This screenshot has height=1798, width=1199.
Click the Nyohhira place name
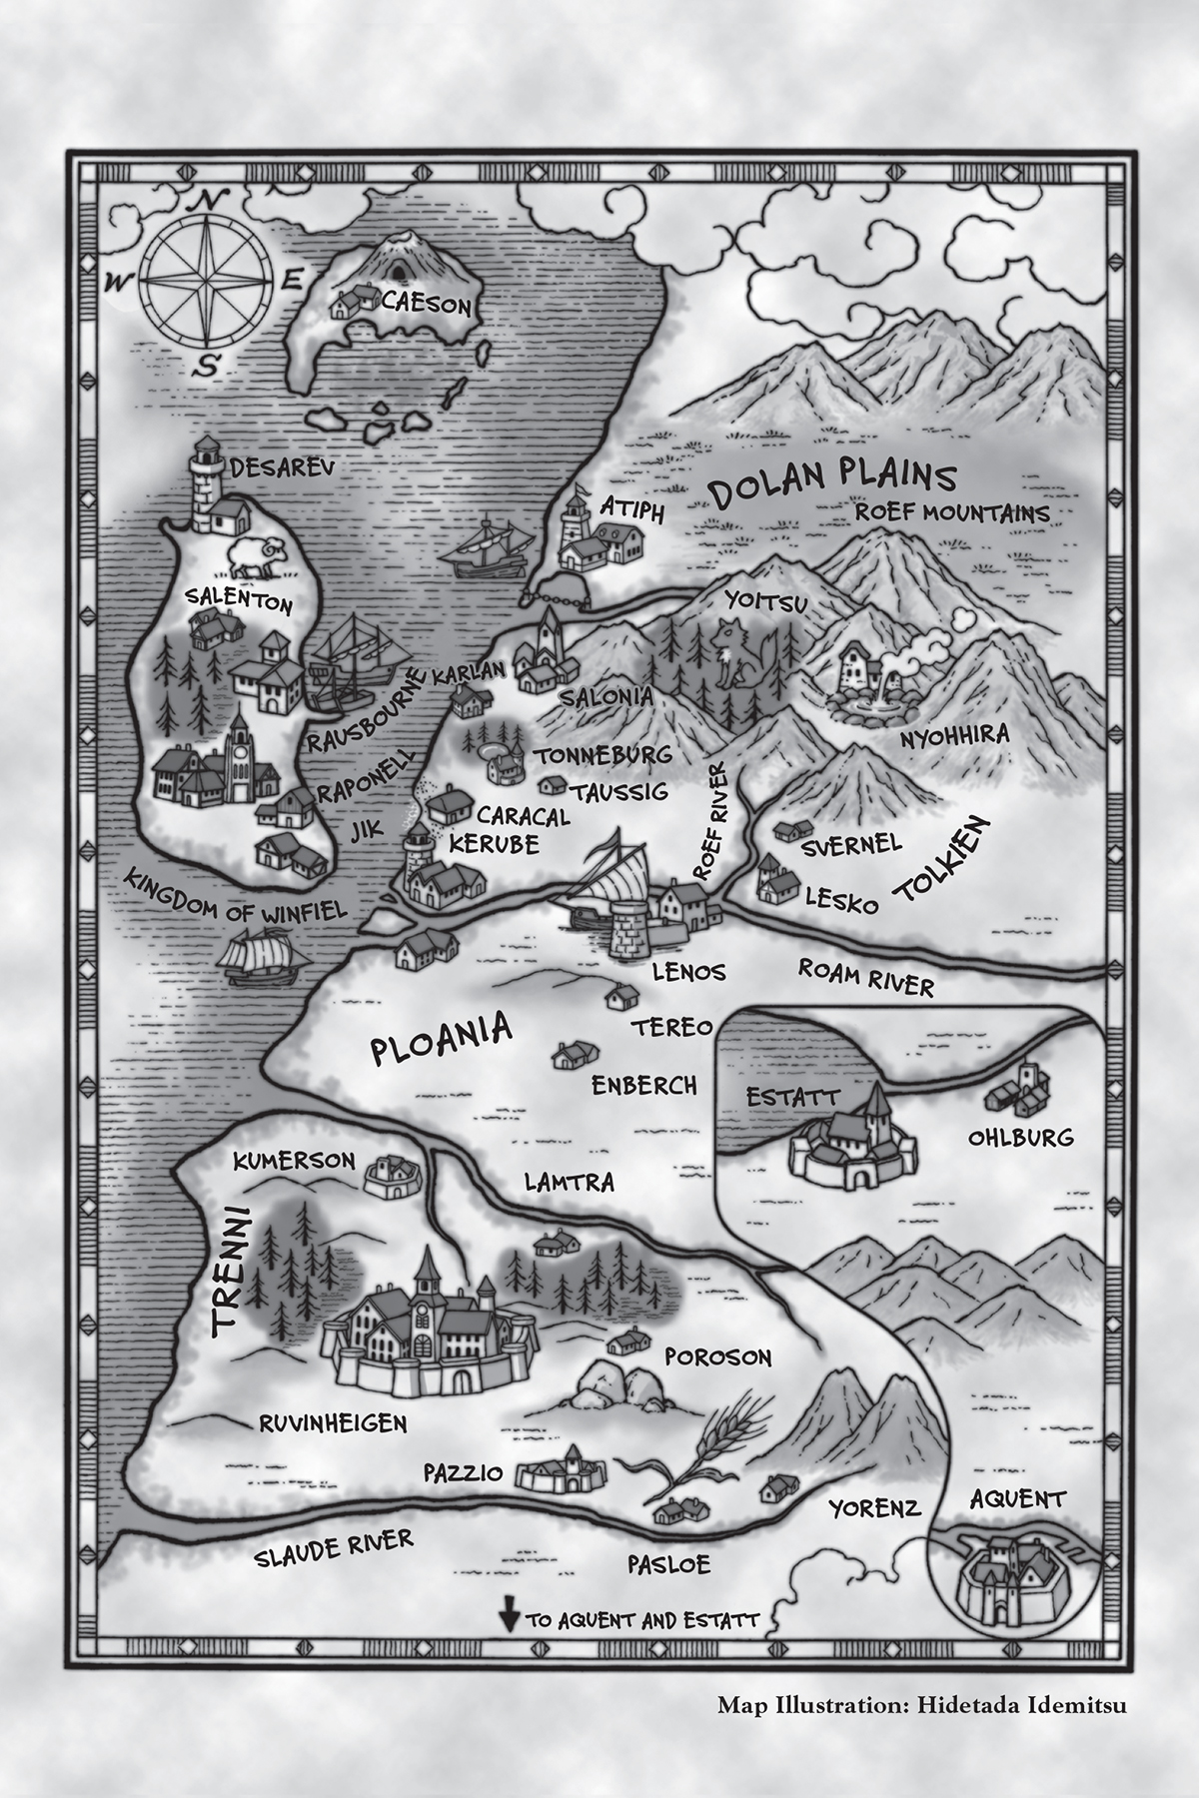coord(955,737)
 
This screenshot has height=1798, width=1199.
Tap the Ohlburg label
coord(1020,1137)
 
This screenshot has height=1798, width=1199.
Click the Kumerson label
coord(294,1161)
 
